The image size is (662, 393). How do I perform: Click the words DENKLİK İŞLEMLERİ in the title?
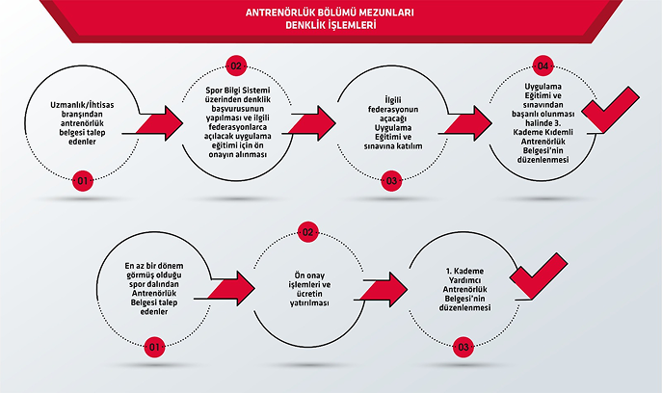click(330, 28)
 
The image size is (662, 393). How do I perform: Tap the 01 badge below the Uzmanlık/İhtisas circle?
click(83, 180)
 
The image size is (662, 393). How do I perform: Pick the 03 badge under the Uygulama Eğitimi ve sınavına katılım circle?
click(392, 180)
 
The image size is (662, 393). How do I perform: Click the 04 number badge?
click(544, 65)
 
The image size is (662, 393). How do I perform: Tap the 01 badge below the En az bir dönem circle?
click(154, 346)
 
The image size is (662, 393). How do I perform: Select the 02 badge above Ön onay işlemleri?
click(308, 232)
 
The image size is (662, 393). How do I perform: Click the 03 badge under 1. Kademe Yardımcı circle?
click(463, 346)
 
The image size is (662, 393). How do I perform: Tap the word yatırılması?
click(308, 303)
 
